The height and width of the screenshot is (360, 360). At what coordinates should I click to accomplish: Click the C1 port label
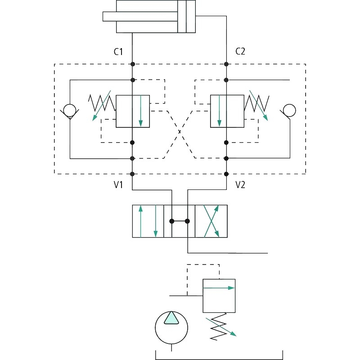[x=118, y=51]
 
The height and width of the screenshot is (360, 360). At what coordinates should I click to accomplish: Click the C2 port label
[x=240, y=51]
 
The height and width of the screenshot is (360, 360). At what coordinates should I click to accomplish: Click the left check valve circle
[x=69, y=110]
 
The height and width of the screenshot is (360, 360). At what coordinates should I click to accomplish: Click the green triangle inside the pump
[x=171, y=319]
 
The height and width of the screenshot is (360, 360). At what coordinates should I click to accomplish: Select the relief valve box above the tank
[x=219, y=296]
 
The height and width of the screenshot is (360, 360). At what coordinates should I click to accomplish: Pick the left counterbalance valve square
[x=132, y=111]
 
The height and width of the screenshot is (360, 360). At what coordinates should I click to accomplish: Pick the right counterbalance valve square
[x=227, y=111]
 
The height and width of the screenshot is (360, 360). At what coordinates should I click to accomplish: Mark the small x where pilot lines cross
[x=180, y=131]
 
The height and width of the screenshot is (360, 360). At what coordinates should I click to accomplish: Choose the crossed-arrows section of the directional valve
[x=211, y=221]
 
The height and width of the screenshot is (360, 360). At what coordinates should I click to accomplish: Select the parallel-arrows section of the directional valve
[x=148, y=221]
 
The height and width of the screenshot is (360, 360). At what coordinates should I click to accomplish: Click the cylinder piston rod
[x=139, y=16]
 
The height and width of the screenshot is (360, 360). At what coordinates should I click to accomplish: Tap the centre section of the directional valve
[x=179, y=221]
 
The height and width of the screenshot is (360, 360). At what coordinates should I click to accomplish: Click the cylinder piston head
[x=182, y=16]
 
